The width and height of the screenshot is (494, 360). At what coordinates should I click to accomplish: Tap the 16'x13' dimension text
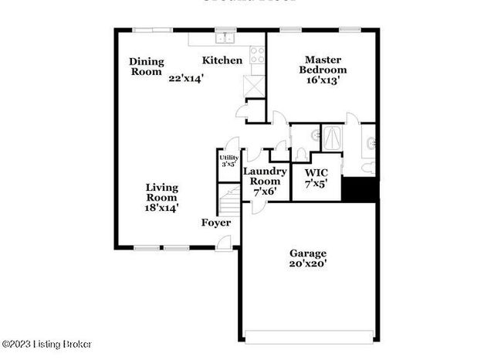(322, 79)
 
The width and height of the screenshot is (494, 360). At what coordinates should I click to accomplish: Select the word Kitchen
(222, 60)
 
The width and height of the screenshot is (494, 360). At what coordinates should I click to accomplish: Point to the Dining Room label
(145, 66)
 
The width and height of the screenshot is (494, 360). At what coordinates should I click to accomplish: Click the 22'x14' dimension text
(186, 78)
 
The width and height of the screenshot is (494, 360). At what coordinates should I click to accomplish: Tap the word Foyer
(216, 222)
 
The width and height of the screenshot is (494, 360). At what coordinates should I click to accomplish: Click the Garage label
(308, 253)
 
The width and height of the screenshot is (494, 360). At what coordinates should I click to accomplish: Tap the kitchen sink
(225, 36)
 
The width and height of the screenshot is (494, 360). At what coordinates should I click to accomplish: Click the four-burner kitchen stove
(257, 55)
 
